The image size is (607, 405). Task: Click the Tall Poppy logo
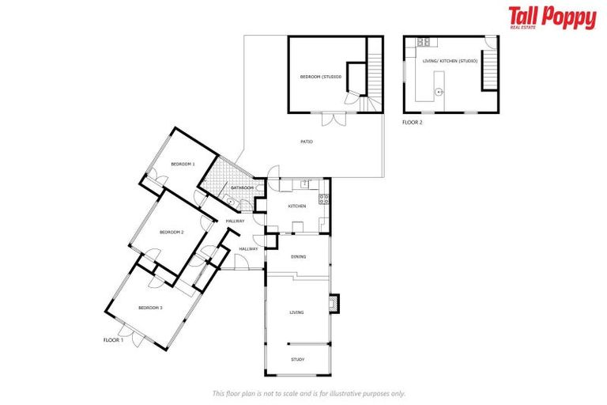pyautogui.click(x=552, y=17)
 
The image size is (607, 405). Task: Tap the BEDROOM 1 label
pyautogui.click(x=183, y=164)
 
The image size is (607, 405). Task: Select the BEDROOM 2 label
pyautogui.click(x=172, y=232)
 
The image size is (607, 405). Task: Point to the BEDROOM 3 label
pyautogui.click(x=150, y=307)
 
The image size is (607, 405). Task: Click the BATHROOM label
pyautogui.click(x=242, y=187)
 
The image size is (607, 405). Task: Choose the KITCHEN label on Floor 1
pyautogui.click(x=296, y=206)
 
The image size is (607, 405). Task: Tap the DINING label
pyautogui.click(x=298, y=256)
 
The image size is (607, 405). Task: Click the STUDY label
pyautogui.click(x=297, y=360)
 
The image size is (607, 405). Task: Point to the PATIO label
pyautogui.click(x=306, y=142)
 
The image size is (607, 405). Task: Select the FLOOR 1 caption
pyautogui.click(x=114, y=339)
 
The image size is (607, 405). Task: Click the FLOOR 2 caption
pyautogui.click(x=413, y=123)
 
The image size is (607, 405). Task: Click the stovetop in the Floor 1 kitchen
pyautogui.click(x=322, y=199)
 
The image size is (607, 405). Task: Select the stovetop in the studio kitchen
pyautogui.click(x=423, y=42)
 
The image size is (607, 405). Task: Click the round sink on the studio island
pyautogui.click(x=439, y=92)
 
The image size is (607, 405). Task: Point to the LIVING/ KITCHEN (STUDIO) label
pyautogui.click(x=450, y=61)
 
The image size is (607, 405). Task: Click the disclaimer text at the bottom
pyautogui.click(x=308, y=393)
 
